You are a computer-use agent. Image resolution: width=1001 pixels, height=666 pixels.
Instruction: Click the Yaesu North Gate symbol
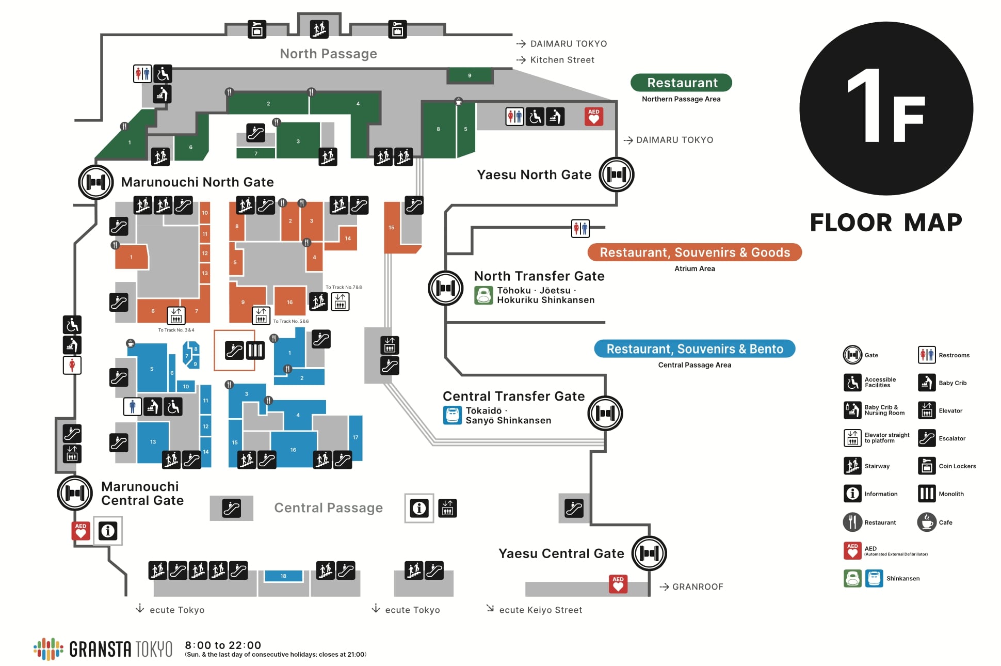point(616,175)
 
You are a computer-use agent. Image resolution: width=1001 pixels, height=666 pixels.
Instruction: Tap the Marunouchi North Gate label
point(197,182)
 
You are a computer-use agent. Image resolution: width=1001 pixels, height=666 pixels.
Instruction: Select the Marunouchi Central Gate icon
point(74,494)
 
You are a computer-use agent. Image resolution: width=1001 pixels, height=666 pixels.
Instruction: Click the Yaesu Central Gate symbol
point(649,553)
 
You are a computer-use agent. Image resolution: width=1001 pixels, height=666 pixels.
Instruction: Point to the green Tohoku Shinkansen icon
point(483,295)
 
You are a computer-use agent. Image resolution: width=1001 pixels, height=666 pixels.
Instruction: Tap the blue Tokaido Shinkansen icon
point(452,416)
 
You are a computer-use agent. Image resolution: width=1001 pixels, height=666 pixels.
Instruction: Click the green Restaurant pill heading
point(681,83)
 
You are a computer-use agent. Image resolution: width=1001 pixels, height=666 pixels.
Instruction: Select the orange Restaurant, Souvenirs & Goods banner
point(695,252)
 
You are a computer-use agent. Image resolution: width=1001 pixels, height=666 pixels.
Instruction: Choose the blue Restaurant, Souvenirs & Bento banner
point(695,349)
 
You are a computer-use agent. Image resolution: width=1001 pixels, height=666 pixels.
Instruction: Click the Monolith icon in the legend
point(927,494)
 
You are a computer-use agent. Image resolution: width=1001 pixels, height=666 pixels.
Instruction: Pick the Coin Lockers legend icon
point(927,466)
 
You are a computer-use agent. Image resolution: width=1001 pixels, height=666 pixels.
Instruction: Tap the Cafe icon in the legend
point(927,522)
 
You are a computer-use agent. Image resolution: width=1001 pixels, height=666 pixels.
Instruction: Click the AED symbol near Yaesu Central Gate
point(618,584)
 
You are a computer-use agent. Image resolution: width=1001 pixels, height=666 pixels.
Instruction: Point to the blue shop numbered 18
point(283,576)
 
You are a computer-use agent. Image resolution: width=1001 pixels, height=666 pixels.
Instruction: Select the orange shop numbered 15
point(392,228)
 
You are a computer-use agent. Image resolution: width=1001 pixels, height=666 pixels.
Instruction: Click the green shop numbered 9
point(470,76)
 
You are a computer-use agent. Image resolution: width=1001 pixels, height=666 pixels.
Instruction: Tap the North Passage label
point(328,54)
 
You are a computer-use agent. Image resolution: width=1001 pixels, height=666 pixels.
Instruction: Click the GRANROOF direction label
point(697,587)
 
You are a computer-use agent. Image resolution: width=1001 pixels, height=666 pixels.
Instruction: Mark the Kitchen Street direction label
point(562,60)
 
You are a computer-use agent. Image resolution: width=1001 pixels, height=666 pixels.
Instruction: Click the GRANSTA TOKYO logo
point(103,649)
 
